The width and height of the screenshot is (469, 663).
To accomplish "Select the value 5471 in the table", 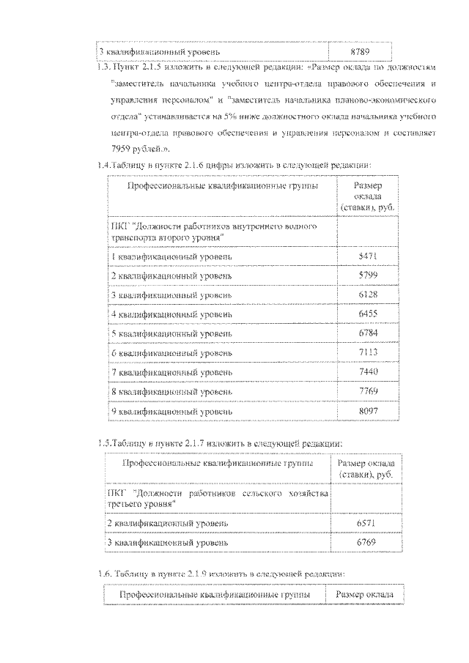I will click(x=368, y=256).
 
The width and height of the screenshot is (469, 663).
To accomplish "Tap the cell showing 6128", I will click(x=368, y=295).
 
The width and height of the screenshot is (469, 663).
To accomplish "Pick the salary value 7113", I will click(x=368, y=353).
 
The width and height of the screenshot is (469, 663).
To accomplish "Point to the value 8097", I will click(x=368, y=412).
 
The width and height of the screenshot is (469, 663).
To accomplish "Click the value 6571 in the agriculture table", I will click(x=365, y=523).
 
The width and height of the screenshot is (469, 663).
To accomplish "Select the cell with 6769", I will click(x=365, y=543).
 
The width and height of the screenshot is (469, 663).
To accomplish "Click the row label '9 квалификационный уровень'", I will click(x=171, y=412).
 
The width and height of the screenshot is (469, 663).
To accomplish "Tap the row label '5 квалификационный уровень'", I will click(x=171, y=333).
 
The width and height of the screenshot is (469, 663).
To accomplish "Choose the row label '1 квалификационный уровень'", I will click(x=171, y=256).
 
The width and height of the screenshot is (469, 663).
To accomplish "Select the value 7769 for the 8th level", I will click(x=368, y=392).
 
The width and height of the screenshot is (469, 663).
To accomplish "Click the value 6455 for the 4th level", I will click(x=368, y=314).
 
